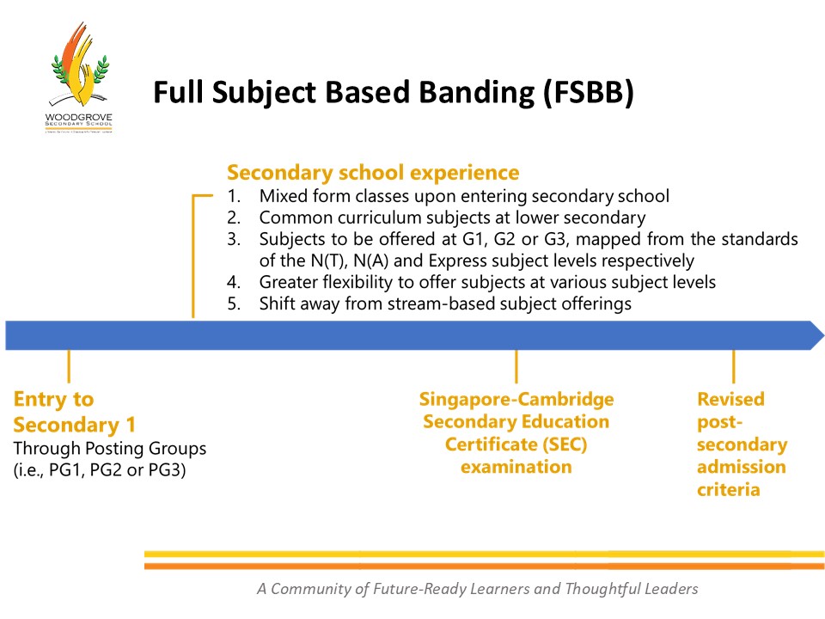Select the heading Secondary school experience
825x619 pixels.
point(373,172)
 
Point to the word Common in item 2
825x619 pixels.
point(290,218)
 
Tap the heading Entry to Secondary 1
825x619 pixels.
point(74,412)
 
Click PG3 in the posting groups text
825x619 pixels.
point(168,470)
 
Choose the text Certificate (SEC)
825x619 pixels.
point(516,444)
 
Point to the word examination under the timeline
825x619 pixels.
point(516,467)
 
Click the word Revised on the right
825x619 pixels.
point(730,399)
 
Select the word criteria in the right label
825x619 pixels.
point(728,489)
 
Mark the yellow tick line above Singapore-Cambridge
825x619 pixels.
point(516,366)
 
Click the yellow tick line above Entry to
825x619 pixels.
point(68,366)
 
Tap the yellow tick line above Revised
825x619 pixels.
point(733,366)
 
